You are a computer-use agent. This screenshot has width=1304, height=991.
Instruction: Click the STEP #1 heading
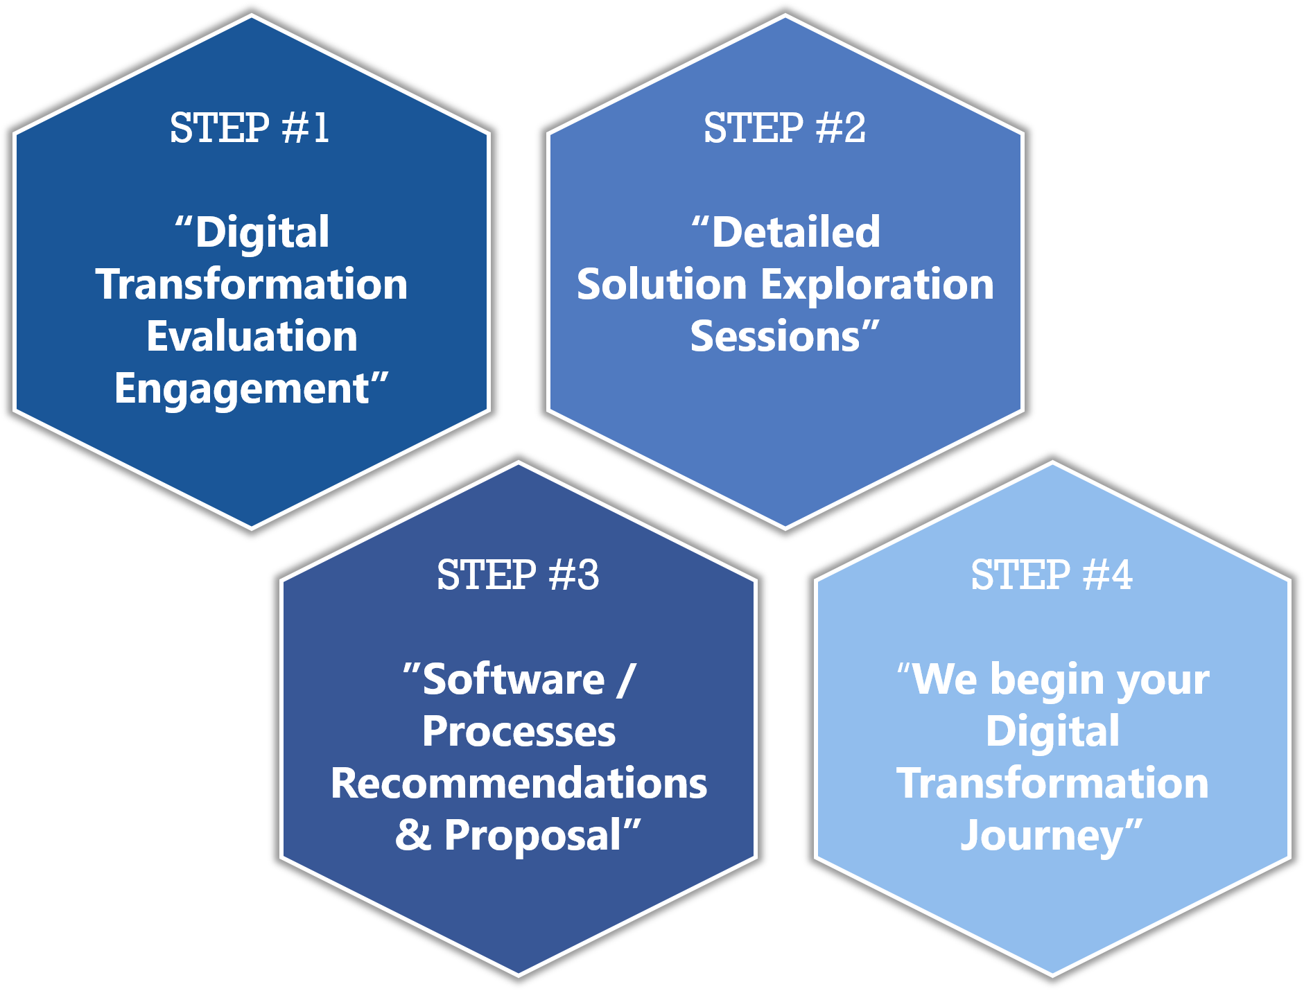point(250,128)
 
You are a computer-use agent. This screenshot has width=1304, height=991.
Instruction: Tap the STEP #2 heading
point(785,128)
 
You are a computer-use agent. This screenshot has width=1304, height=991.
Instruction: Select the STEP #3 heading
point(518,575)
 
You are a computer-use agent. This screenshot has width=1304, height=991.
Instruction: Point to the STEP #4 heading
point(1052,575)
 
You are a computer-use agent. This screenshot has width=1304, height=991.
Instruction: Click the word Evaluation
point(252,336)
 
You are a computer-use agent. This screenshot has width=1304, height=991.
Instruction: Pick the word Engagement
point(242,389)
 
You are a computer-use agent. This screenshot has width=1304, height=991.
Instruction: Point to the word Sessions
point(775,337)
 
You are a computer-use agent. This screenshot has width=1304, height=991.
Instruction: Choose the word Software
point(514,679)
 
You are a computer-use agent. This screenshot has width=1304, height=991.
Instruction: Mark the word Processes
point(519,732)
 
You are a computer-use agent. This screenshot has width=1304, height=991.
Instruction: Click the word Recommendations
point(519,783)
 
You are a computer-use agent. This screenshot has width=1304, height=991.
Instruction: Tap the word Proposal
point(532,836)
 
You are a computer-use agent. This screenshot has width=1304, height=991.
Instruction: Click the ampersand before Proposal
point(413,835)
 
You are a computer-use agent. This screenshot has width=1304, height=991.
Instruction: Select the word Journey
point(1041,836)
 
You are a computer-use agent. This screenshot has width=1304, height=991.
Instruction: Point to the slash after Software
point(625,679)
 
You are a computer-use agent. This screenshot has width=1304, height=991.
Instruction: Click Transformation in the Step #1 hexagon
point(252,284)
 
